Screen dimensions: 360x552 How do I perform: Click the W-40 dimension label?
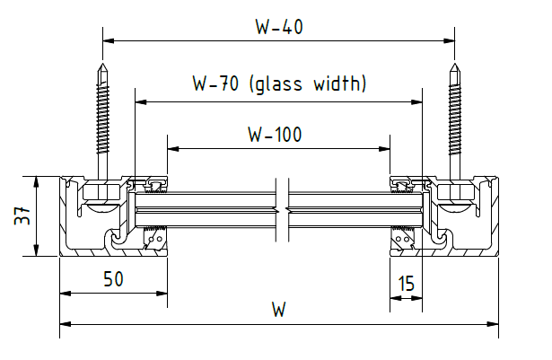[x=278, y=26]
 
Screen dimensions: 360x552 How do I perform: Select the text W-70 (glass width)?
[x=279, y=84]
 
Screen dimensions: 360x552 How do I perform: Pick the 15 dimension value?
[x=406, y=285]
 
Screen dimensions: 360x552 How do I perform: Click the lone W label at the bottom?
[x=279, y=311]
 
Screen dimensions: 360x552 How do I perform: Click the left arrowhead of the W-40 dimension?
[x=109, y=40]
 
